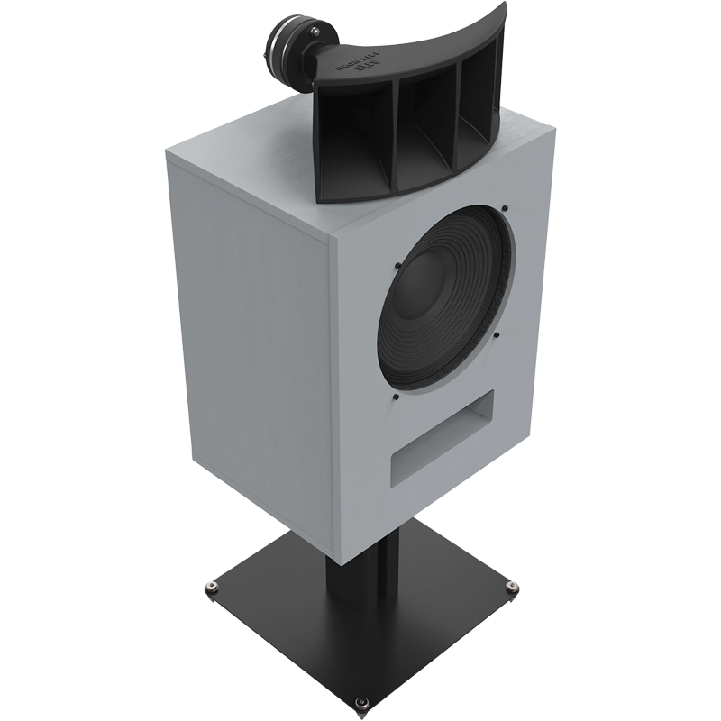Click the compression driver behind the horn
(292, 46)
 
